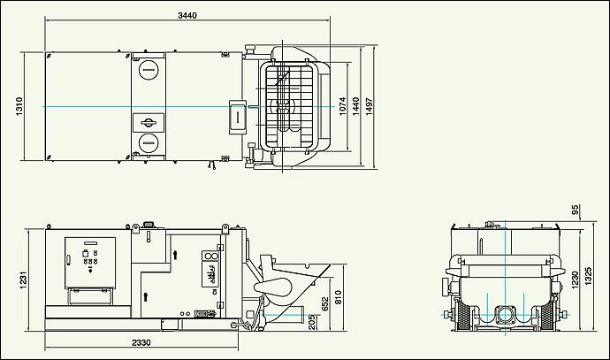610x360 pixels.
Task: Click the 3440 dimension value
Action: (x=187, y=15)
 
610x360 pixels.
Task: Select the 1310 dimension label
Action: (x=19, y=106)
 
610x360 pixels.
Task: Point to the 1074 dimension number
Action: (x=342, y=106)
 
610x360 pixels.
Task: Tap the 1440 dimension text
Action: (x=355, y=106)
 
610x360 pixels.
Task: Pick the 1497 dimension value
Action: (x=370, y=106)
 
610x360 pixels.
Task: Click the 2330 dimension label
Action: (x=141, y=342)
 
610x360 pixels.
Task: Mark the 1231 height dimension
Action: (x=23, y=280)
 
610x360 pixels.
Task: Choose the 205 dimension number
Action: (x=312, y=322)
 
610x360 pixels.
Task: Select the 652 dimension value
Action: (x=325, y=304)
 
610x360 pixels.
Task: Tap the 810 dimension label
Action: (x=338, y=297)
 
